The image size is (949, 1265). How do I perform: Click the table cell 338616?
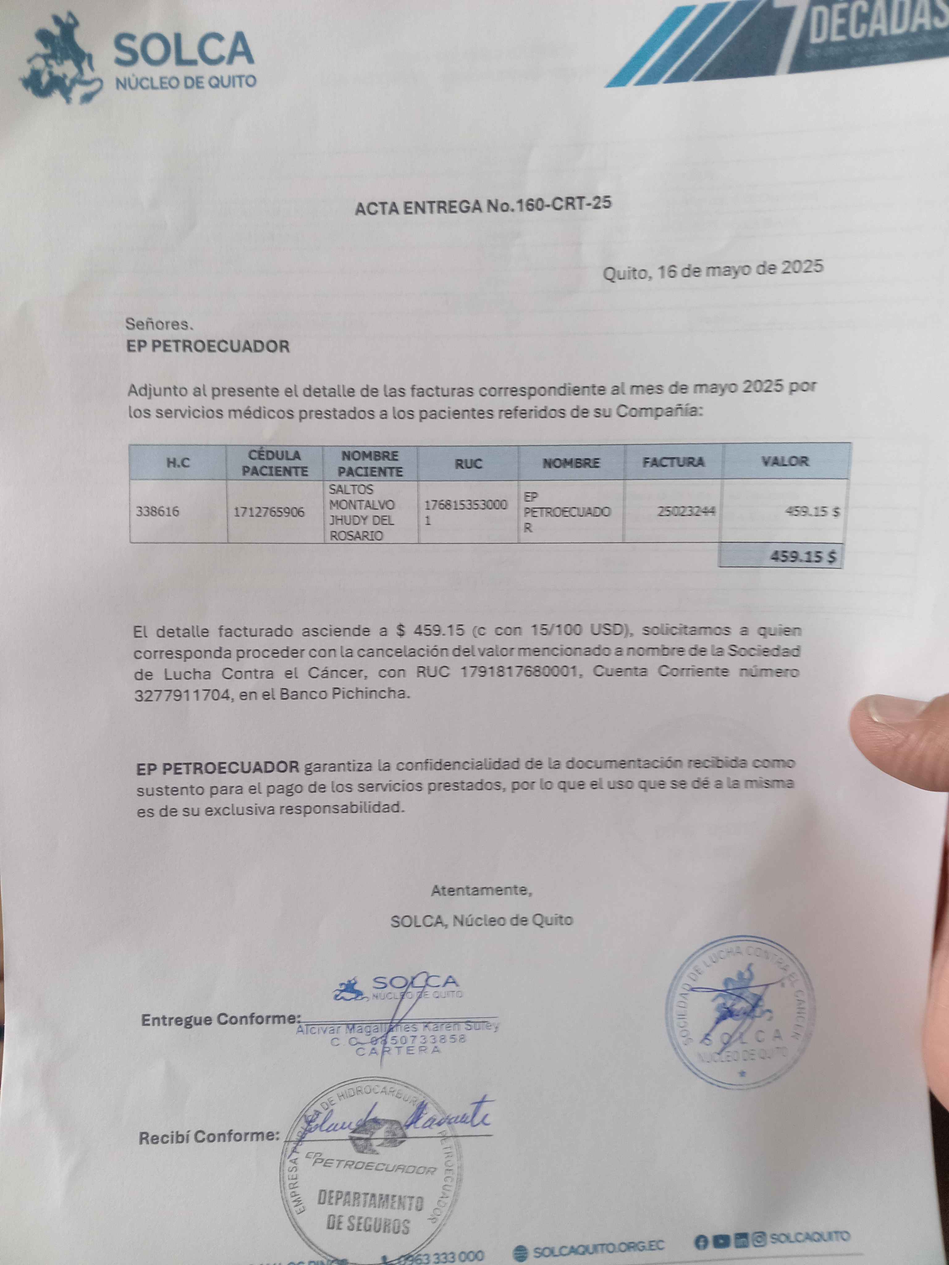(157, 511)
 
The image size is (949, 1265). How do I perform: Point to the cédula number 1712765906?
(269, 511)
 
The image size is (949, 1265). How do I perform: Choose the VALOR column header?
(785, 461)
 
